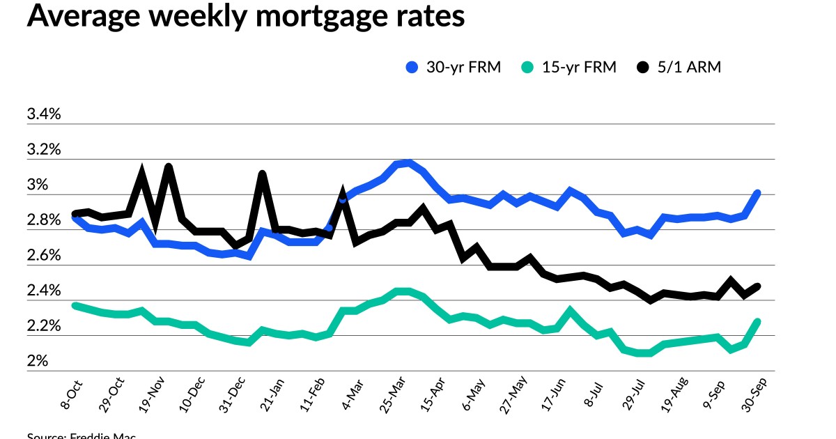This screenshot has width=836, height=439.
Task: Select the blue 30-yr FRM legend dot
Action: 412,68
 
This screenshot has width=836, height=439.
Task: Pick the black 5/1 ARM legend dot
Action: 642,68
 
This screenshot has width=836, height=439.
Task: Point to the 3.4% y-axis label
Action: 44,114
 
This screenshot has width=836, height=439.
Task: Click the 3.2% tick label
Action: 44,150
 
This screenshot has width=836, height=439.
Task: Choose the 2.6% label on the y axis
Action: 44,256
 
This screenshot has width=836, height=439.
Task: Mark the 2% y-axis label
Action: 38,362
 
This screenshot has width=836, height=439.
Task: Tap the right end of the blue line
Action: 757,193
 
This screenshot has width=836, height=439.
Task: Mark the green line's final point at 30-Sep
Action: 757,321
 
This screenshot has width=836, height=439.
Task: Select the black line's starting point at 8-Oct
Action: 75,213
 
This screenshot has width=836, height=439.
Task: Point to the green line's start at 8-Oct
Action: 75,305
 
